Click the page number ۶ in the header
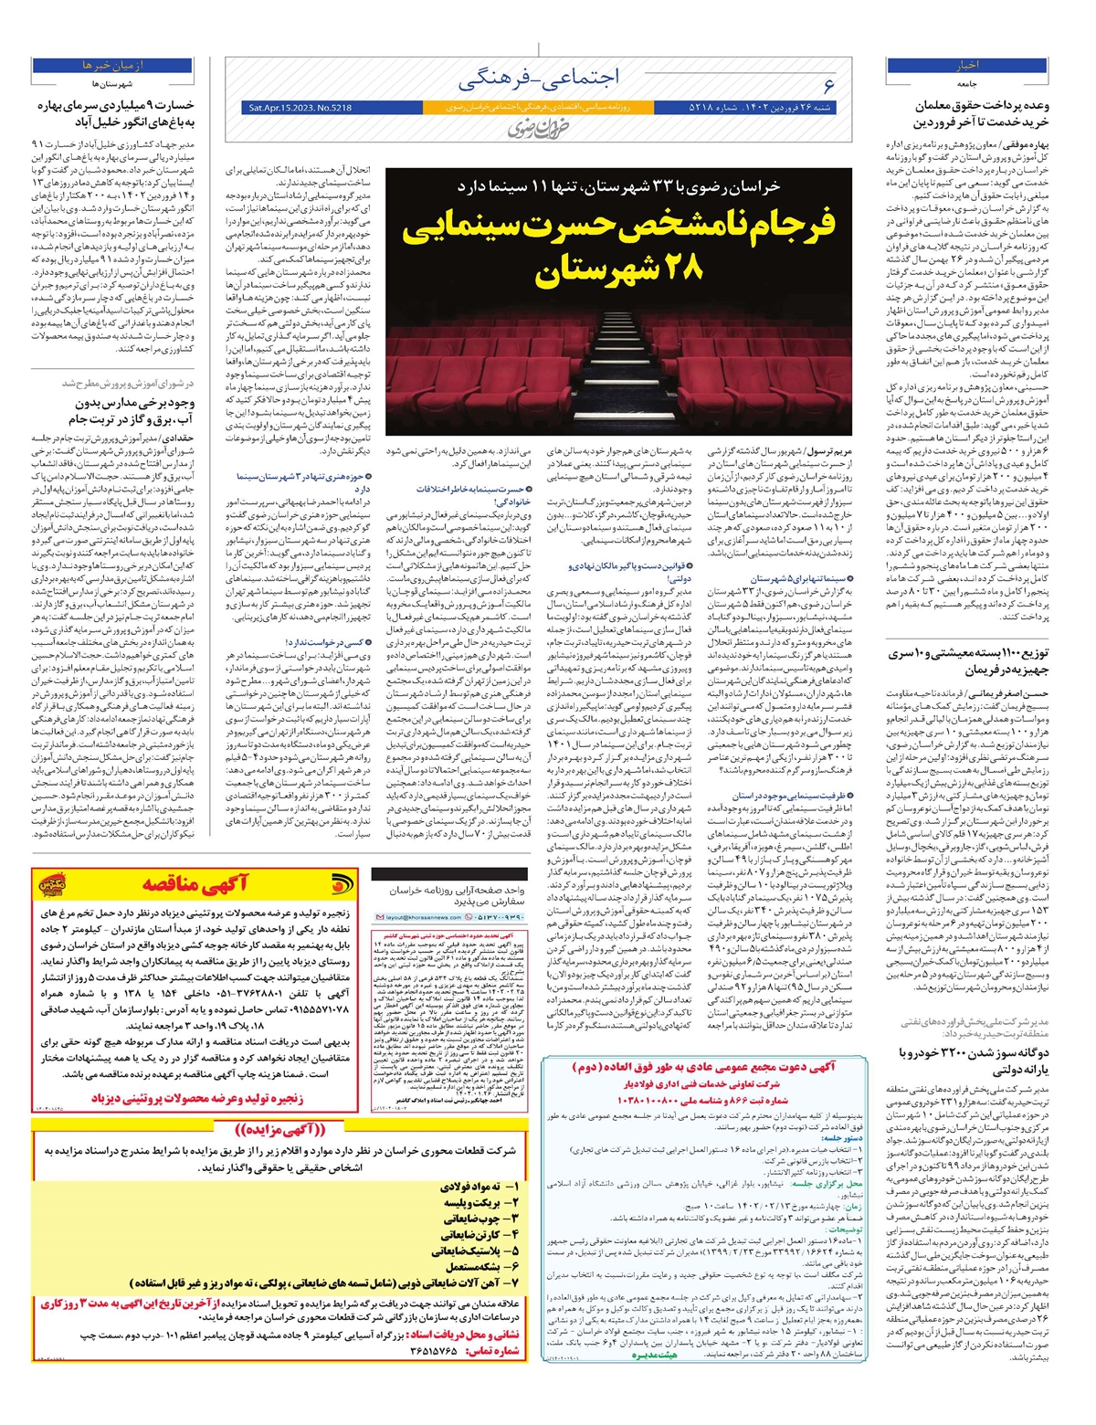(828, 86)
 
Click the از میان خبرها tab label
(112, 66)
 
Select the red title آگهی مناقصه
(194, 883)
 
